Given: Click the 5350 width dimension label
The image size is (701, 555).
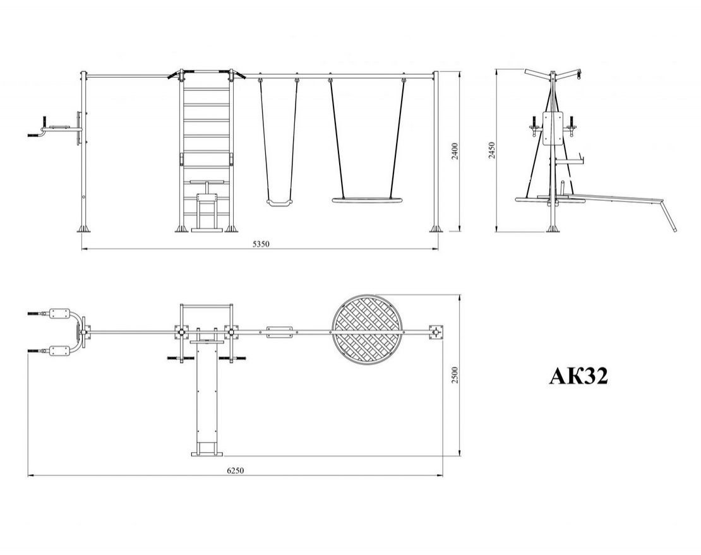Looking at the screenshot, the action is (x=261, y=244).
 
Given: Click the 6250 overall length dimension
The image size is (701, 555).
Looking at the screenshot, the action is (x=236, y=470).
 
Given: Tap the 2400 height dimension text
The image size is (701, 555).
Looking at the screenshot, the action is (x=455, y=152).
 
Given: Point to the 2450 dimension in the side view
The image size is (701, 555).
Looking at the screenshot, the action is (x=492, y=151).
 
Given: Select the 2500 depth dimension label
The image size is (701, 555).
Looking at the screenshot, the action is (x=455, y=375).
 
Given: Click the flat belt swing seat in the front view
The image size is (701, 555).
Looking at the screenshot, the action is (x=279, y=203).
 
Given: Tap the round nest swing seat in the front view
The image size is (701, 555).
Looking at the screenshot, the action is (x=368, y=200).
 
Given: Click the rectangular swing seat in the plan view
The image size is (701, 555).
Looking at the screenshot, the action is (x=279, y=332).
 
